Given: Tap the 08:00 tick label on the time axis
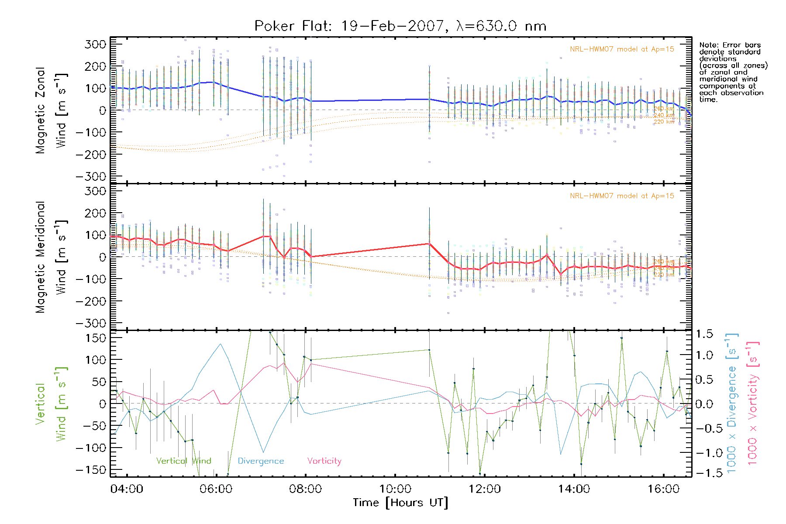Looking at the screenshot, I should pyautogui.click(x=305, y=489).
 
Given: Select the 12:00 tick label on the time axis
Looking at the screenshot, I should pyautogui.click(x=484, y=489).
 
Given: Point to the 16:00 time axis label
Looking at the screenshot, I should pyautogui.click(x=663, y=489).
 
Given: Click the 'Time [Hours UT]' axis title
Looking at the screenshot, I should pyautogui.click(x=400, y=503).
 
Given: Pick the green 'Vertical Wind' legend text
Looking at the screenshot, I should pyautogui.click(x=183, y=461).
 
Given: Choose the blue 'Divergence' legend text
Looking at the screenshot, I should pyautogui.click(x=261, y=461).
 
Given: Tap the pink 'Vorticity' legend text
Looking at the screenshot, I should pyautogui.click(x=324, y=461).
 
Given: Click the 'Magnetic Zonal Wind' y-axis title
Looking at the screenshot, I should pyautogui.click(x=51, y=110).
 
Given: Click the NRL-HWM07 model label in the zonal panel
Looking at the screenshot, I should pyautogui.click(x=622, y=49).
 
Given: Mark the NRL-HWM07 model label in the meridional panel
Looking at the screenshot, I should pyautogui.click(x=622, y=196).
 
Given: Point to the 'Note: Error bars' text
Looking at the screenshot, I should pyautogui.click(x=730, y=45).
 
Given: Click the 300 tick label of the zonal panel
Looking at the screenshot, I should pyautogui.click(x=95, y=44).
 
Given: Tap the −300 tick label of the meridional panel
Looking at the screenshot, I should pyautogui.click(x=91, y=323).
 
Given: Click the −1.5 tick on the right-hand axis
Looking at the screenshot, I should pyautogui.click(x=704, y=472).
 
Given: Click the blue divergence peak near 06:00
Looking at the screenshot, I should pyautogui.click(x=221, y=344).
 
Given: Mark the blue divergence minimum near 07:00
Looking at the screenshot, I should pyautogui.click(x=263, y=452).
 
